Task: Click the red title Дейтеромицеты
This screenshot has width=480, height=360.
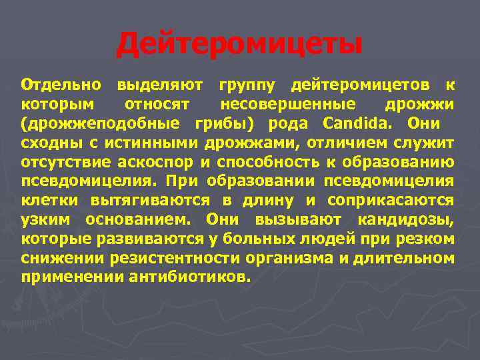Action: (240, 45)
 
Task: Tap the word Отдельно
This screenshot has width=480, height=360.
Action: (61, 85)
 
